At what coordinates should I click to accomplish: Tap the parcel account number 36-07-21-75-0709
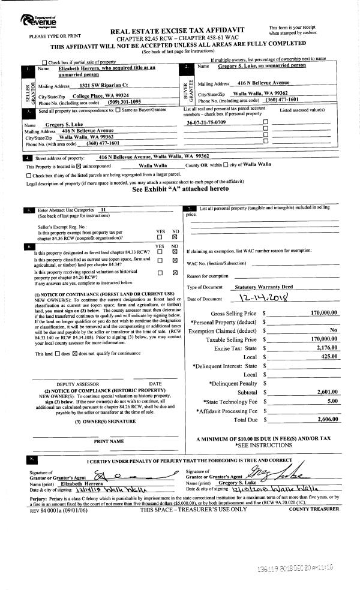tap(206, 122)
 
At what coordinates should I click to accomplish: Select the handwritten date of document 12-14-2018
tap(263, 299)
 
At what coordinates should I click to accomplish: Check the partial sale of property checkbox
tap(44, 62)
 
